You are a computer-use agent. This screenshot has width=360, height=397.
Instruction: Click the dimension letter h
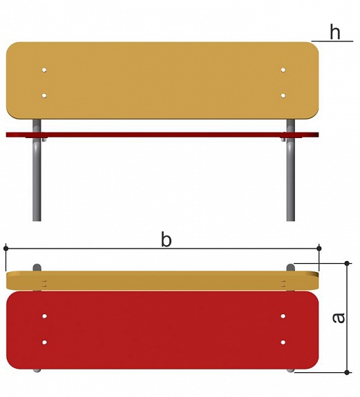click(x=335, y=32)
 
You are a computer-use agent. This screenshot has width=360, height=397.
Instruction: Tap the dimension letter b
click(x=167, y=240)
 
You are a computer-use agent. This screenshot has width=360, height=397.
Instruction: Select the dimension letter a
click(x=339, y=318)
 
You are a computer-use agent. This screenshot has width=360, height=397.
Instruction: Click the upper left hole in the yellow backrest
click(x=44, y=70)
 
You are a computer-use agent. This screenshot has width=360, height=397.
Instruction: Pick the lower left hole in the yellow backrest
click(x=44, y=96)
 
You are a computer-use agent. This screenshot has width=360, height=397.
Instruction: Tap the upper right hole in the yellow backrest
click(x=283, y=70)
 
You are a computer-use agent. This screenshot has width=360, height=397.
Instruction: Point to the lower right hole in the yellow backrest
click(x=283, y=96)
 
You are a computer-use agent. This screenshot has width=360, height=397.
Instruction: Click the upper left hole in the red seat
click(x=44, y=316)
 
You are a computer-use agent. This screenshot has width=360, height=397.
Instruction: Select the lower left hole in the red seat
click(x=44, y=342)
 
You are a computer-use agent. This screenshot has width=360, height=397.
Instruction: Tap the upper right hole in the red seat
click(x=283, y=316)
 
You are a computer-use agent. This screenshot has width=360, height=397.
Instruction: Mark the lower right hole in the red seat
click(x=283, y=342)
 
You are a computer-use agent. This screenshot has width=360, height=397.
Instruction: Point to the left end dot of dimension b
click(x=6, y=249)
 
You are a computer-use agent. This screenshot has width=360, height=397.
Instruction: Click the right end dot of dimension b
click(x=319, y=249)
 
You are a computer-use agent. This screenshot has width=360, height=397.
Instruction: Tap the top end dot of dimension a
click(x=347, y=264)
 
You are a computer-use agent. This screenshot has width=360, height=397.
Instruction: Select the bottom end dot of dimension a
click(x=347, y=372)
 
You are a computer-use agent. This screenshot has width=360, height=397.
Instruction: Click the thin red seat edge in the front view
click(x=162, y=135)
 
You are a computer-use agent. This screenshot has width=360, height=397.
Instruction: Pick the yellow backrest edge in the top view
click(x=162, y=280)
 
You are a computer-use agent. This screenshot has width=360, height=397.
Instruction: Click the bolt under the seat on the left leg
click(x=45, y=139)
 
